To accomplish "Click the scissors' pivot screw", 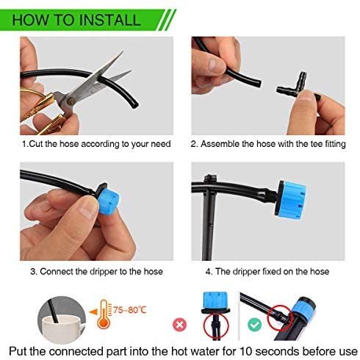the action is pos(71,101).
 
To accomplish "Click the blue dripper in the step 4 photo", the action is pos(291,200).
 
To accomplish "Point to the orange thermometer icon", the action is pos(104,314).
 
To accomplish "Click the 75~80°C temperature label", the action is pos(129,310).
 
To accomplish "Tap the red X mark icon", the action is pos(179,325).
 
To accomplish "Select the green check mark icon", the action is pos(254,324).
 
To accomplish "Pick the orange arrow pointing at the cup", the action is pos(93,312).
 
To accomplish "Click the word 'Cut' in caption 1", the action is pos(36,144).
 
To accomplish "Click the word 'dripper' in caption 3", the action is pos(104,272).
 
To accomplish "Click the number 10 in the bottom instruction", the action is pos(246,351).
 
